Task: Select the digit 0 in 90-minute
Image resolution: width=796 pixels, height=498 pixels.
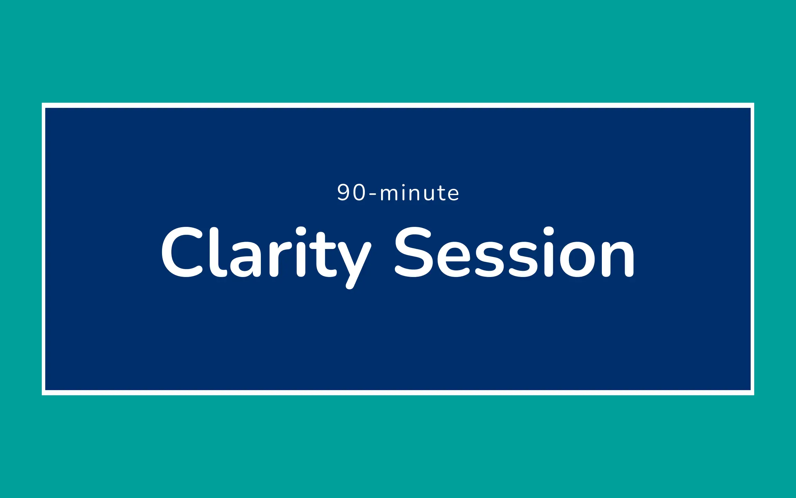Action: (359, 192)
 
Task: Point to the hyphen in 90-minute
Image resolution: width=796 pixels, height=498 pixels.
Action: (373, 195)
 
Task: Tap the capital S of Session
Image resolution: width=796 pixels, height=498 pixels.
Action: (414, 252)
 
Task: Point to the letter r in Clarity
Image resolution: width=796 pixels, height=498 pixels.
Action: (279, 259)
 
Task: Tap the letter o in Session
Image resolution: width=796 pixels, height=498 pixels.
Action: (577, 259)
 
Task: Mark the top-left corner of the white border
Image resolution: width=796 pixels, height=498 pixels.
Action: (42, 103)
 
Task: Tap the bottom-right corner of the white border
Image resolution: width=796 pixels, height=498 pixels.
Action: (754, 395)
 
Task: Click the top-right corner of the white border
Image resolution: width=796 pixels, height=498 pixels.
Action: (754, 103)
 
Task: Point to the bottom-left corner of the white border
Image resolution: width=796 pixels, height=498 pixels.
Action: (42, 395)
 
